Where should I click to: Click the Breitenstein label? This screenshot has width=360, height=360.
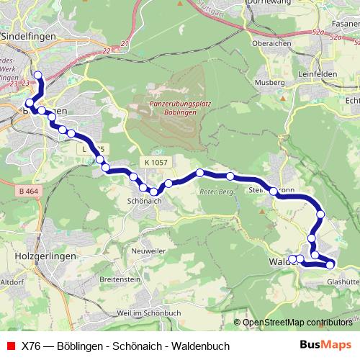tap(122, 277)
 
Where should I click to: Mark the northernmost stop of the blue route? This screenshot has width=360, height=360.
tap(37, 74)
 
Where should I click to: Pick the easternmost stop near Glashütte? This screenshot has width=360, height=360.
tap(330, 264)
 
